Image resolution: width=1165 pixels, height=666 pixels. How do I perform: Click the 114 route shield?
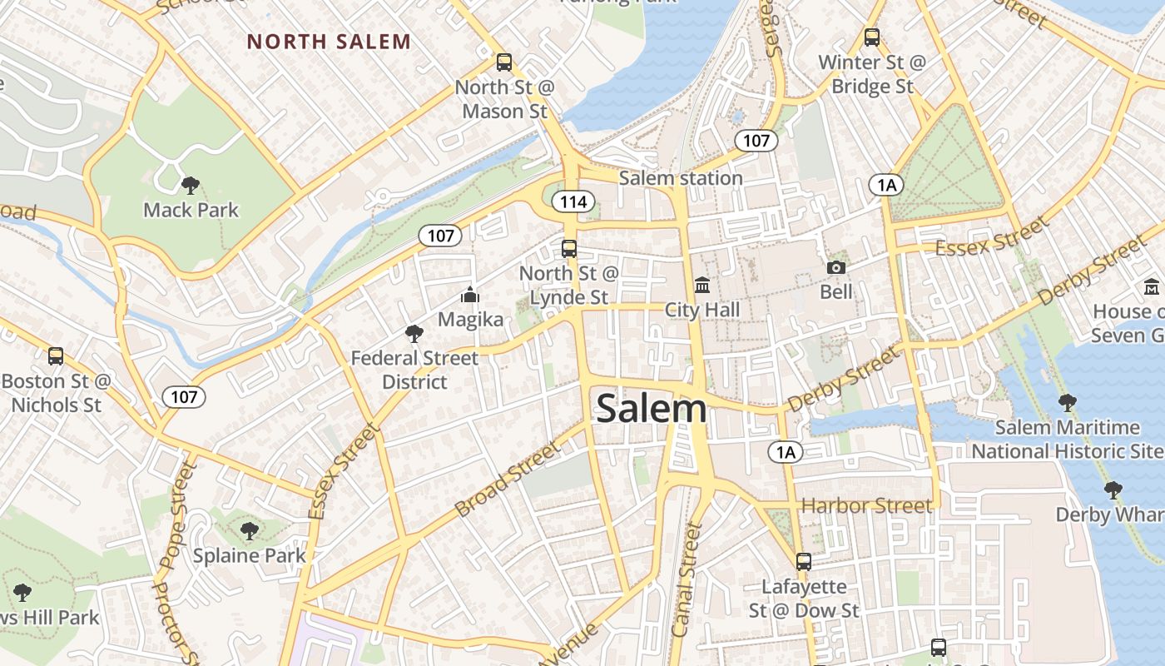point(574,201)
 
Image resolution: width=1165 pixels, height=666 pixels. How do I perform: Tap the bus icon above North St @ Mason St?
point(503,62)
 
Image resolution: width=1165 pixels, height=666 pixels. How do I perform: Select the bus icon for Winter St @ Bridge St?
point(871,37)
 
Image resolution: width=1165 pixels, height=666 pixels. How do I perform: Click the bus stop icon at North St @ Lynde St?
point(569,248)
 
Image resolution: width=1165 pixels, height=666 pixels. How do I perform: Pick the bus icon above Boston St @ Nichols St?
point(56,356)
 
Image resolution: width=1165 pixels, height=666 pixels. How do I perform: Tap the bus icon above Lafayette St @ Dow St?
point(803,562)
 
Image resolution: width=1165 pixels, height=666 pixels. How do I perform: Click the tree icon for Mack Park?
point(191,185)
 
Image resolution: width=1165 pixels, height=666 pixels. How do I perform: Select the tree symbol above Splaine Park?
point(249,530)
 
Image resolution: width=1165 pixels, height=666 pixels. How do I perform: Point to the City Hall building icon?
point(702,286)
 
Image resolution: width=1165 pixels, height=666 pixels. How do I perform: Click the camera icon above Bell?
point(835,267)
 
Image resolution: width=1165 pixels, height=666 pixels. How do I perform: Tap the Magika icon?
point(470,296)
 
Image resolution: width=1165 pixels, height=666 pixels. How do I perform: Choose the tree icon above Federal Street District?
point(414,334)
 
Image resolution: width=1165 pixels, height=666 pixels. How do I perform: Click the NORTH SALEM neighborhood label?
point(329,42)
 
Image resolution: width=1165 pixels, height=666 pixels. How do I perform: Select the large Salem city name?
point(652,409)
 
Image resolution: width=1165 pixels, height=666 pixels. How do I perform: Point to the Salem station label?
point(681,178)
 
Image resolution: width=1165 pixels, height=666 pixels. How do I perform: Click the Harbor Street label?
point(866,506)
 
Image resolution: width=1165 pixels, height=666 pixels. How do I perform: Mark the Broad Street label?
point(508,479)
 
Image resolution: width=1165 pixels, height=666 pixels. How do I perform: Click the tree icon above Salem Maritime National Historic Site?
point(1067,404)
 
